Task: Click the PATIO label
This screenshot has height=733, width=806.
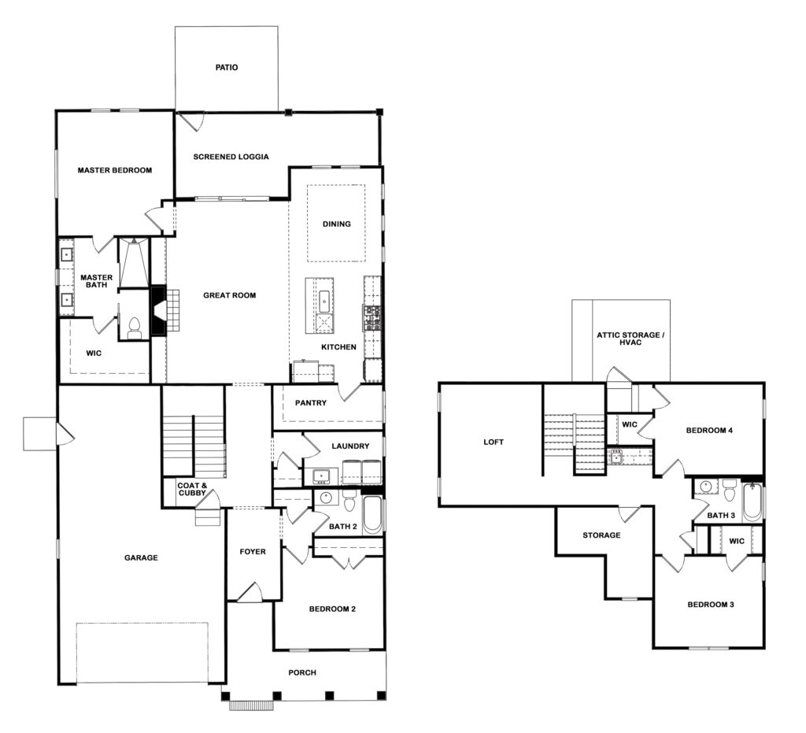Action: tap(227, 68)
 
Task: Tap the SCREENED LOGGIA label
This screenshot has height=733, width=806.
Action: tap(231, 157)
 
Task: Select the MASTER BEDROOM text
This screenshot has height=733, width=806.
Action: tap(115, 170)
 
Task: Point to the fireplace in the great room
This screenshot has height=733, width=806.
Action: tap(158, 311)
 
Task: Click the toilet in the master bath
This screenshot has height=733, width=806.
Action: tap(134, 329)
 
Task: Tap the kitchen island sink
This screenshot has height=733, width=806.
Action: tap(325, 302)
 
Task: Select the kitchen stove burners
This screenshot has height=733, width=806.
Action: tap(372, 317)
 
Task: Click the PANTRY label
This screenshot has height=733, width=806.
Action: tap(310, 403)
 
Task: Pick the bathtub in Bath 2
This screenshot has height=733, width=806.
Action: tap(372, 515)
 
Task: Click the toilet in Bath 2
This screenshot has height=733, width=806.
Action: tap(350, 501)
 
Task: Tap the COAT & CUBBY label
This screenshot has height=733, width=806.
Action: tap(192, 489)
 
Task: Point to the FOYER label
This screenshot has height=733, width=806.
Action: tap(253, 552)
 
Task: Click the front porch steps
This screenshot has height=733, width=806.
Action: tap(251, 705)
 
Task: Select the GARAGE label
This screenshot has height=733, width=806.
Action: tap(141, 557)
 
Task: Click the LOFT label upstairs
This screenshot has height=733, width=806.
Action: tap(494, 442)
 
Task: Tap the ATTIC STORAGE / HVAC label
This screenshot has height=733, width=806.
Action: tap(630, 339)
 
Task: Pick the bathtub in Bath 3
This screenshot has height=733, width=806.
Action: tap(752, 502)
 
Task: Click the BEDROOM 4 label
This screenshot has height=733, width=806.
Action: tap(709, 430)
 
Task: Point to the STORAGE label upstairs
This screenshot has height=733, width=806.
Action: tap(601, 535)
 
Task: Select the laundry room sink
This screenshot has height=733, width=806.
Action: tap(322, 476)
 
